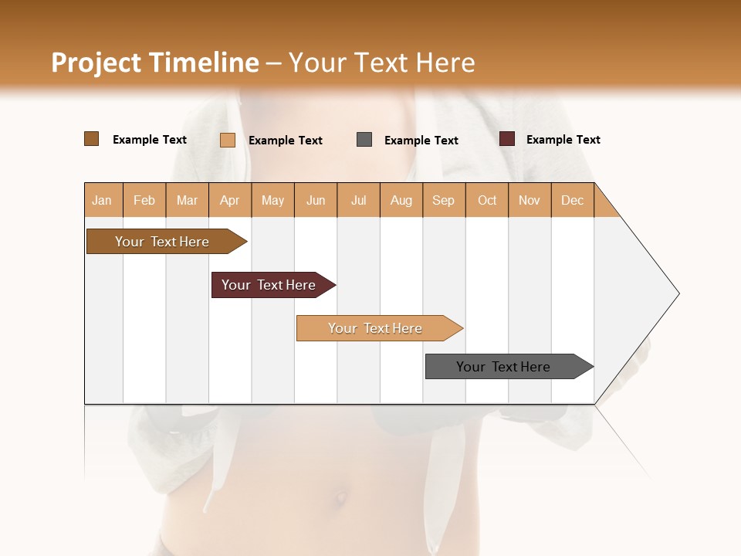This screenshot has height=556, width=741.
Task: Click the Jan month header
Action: tap(103, 200)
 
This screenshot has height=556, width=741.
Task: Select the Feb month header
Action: tap(144, 200)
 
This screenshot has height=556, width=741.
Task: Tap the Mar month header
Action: tap(187, 200)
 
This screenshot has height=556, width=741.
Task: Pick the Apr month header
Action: tap(230, 200)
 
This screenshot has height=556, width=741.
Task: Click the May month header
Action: tap(272, 200)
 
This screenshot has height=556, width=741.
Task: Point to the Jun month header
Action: tap(316, 200)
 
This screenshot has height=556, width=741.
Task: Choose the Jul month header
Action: tap(358, 200)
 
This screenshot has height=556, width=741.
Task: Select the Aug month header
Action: tap(401, 200)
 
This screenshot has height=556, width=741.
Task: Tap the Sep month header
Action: tap(444, 200)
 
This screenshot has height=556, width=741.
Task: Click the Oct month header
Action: tap(487, 200)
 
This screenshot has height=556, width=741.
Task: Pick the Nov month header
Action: tap(530, 200)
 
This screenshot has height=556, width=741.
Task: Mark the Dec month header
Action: tap(573, 200)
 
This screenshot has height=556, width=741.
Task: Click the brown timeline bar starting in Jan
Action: tap(163, 242)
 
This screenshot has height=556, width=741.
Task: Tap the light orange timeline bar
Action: tap(376, 328)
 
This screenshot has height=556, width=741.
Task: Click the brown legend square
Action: tap(92, 139)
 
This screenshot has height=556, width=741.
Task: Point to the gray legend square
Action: tap(364, 139)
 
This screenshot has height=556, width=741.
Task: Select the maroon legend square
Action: tap(507, 139)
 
